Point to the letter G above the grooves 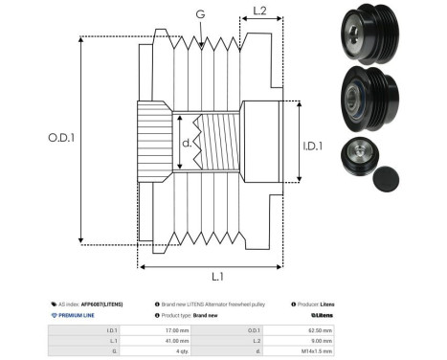pos(199,14)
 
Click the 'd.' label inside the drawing pos(187,143)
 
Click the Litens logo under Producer pos(321,314)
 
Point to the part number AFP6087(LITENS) pos(101,303)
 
